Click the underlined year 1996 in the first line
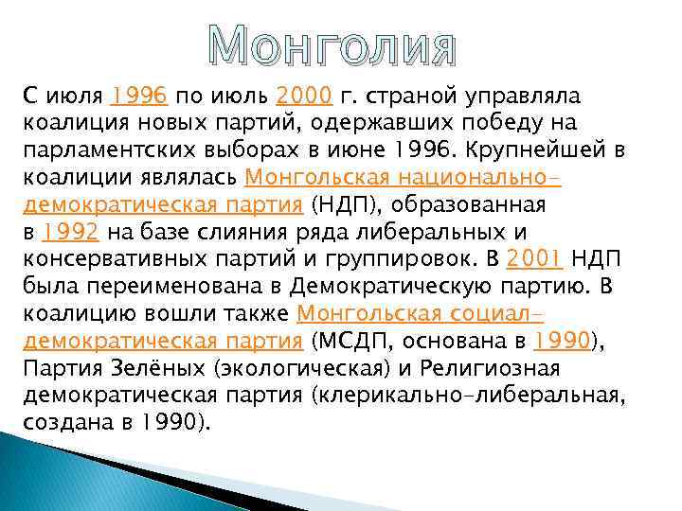pyautogui.click(x=139, y=96)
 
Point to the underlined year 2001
pyautogui.click(x=535, y=259)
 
